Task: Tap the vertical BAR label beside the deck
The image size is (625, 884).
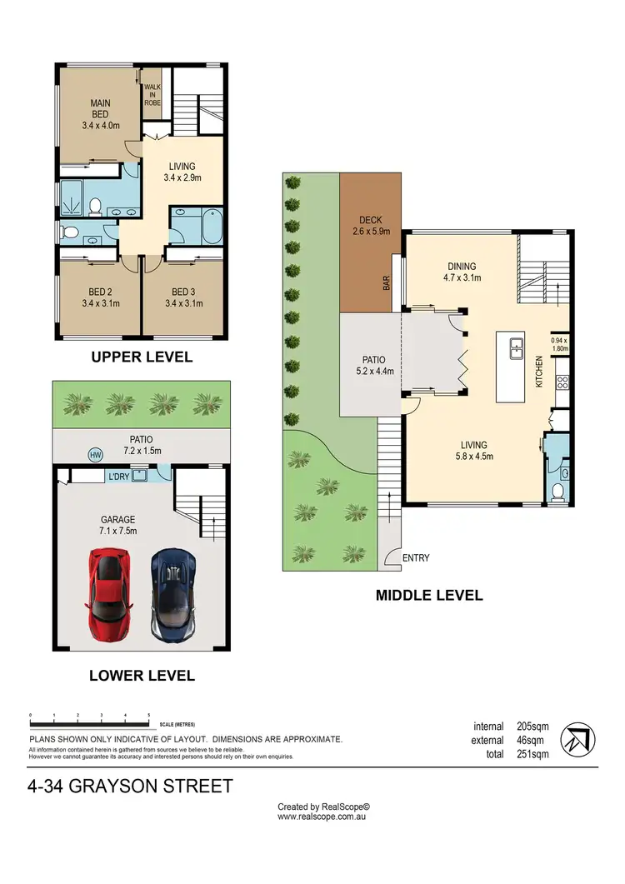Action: click(387, 284)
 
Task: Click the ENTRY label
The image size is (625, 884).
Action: click(416, 558)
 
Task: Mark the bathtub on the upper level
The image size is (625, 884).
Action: click(197, 224)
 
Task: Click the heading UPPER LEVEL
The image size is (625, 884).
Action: click(142, 357)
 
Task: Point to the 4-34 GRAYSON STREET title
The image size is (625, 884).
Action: click(130, 786)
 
